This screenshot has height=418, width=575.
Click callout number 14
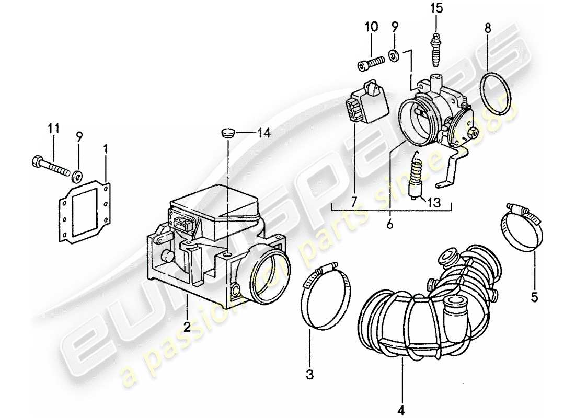pyautogui.click(x=264, y=134)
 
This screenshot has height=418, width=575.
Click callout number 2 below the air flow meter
pyautogui.click(x=186, y=327)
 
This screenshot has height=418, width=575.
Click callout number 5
pyautogui.click(x=534, y=298)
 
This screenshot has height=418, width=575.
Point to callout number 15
pyautogui.click(x=436, y=8)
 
